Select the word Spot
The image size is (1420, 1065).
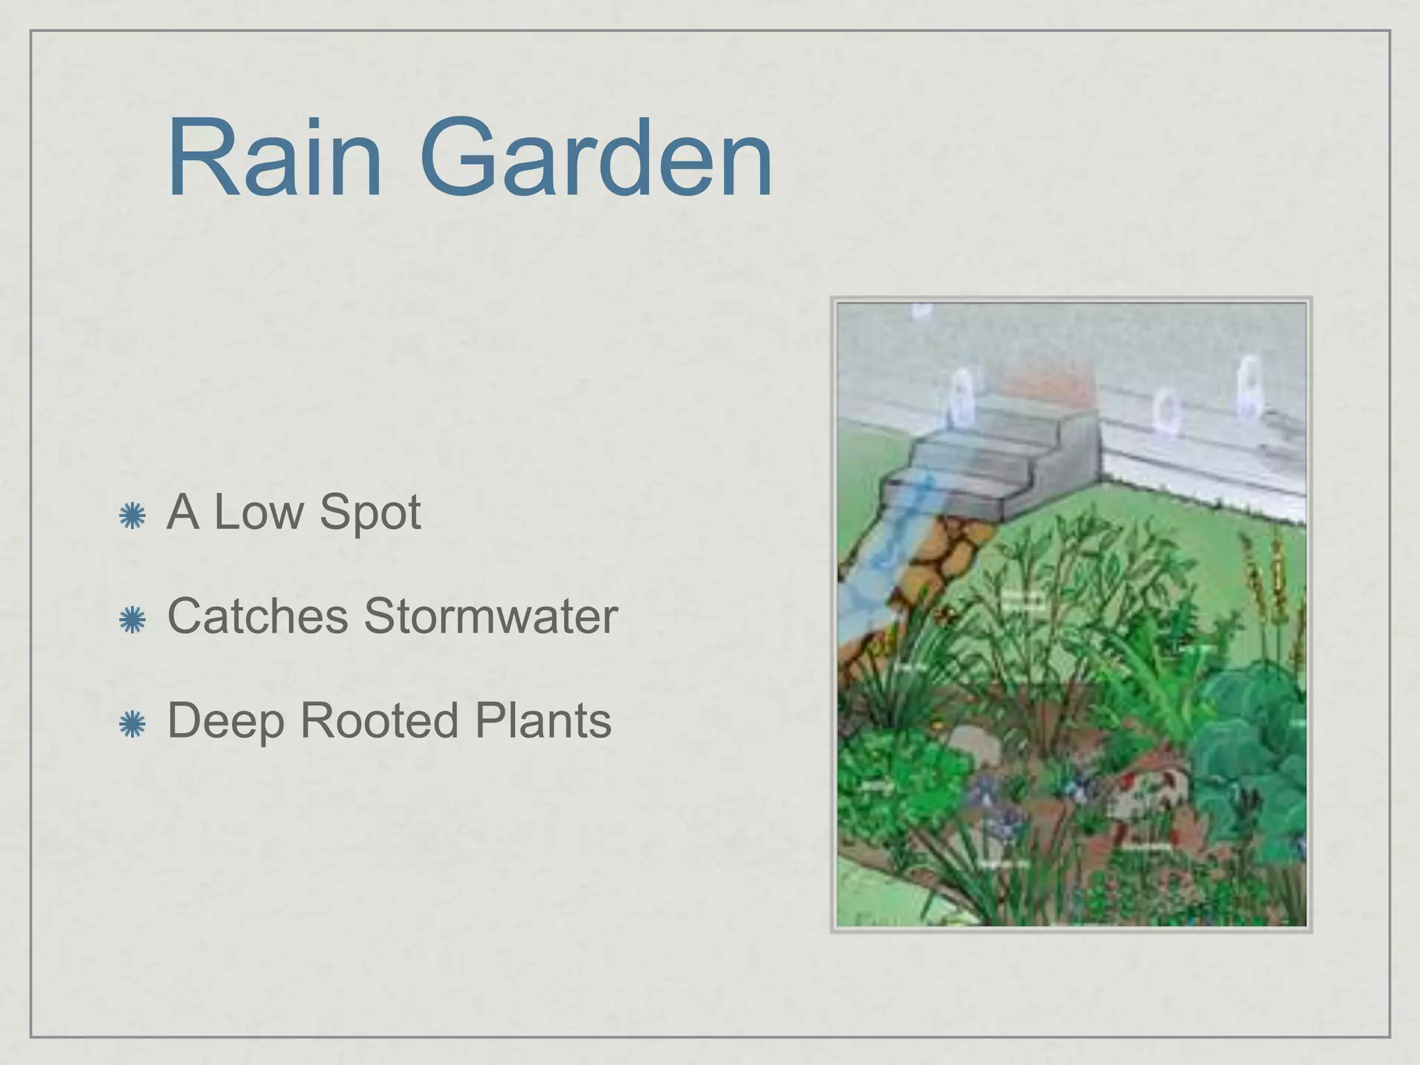[370, 514]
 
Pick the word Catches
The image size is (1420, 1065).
[258, 616]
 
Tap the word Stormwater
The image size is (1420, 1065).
[490, 616]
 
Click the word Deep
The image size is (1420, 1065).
[226, 722]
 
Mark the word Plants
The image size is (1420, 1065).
[543, 720]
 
